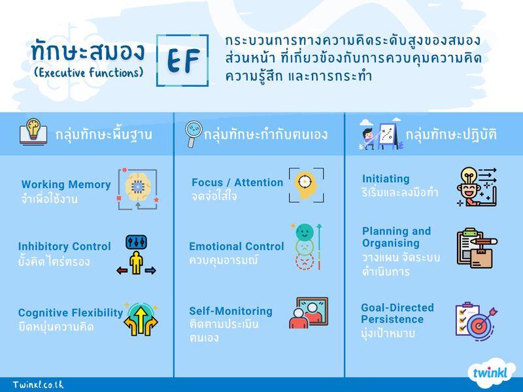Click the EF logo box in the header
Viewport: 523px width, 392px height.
click(182, 60)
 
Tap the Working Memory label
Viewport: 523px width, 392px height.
click(65, 185)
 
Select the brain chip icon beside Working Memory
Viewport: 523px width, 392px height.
click(137, 189)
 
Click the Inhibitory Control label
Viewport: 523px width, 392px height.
click(64, 246)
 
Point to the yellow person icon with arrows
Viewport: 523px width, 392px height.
click(137, 256)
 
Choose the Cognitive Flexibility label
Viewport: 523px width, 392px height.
click(70, 313)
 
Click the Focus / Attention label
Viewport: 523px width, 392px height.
click(237, 182)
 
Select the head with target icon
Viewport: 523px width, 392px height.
click(306, 185)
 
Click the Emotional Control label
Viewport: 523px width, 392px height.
click(237, 246)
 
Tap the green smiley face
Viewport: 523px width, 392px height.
click(304, 232)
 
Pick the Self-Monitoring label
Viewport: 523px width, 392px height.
click(230, 311)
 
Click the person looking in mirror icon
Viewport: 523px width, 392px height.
click(308, 314)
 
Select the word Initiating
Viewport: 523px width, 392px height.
click(386, 178)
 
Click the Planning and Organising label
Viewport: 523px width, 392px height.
click(397, 237)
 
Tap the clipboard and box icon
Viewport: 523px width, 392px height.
click(476, 248)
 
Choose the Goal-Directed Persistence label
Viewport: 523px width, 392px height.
click(397, 313)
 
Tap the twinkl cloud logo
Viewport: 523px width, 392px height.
click(490, 373)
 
